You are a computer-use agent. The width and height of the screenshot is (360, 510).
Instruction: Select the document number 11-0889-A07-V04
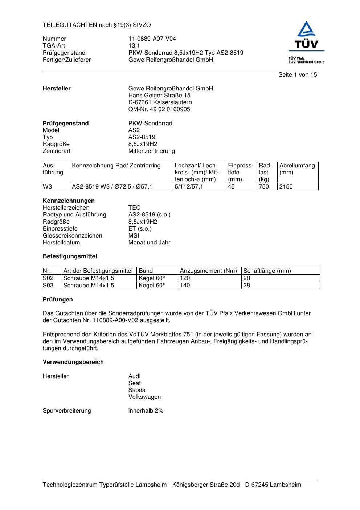pyautogui.click(x=152, y=39)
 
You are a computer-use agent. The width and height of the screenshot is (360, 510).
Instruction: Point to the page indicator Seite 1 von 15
pyautogui.click(x=297, y=75)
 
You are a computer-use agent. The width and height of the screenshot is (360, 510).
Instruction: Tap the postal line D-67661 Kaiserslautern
pyautogui.click(x=160, y=102)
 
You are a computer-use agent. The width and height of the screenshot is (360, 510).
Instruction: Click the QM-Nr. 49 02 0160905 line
pyautogui.click(x=159, y=109)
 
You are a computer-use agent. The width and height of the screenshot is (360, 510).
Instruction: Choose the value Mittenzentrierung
pyautogui.click(x=151, y=151)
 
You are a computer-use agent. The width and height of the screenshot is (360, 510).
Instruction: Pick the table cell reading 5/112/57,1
pyautogui.click(x=189, y=187)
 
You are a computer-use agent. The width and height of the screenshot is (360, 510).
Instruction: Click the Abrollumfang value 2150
pyautogui.click(x=286, y=187)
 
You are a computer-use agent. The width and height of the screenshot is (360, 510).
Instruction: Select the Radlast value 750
pyautogui.click(x=263, y=187)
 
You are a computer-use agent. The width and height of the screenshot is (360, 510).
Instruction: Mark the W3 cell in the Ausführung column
pyautogui.click(x=47, y=187)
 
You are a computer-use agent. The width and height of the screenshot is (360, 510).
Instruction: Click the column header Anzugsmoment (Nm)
pyautogui.click(x=208, y=271)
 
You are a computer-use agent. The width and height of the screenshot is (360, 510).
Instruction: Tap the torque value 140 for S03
pyautogui.click(x=185, y=286)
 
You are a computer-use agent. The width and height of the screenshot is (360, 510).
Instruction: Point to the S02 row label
pyautogui.click(x=48, y=278)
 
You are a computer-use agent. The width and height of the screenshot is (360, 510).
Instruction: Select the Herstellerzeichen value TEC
pyautogui.click(x=134, y=208)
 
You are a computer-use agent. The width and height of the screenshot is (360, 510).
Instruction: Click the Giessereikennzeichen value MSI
pyautogui.click(x=134, y=236)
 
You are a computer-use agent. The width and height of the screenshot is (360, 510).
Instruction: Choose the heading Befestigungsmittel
pyautogui.click(x=70, y=256)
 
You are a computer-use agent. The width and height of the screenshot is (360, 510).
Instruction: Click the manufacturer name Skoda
pyautogui.click(x=137, y=390)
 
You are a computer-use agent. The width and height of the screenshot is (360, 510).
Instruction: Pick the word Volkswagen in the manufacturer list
pyautogui.click(x=144, y=397)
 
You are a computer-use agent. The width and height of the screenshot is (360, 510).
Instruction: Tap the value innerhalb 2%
pyautogui.click(x=146, y=411)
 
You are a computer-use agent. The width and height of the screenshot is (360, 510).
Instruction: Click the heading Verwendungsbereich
pyautogui.click(x=73, y=362)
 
